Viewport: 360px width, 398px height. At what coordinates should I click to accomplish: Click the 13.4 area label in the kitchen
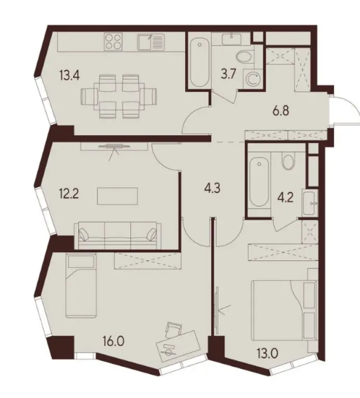point(70,75)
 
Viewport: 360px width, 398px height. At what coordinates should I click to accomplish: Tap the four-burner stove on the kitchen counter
point(113,42)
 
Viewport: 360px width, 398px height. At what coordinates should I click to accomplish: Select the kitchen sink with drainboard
point(151,42)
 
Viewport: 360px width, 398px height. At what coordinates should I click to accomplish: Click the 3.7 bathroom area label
point(229,75)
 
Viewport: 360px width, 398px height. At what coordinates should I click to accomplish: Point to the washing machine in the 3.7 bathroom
point(253,79)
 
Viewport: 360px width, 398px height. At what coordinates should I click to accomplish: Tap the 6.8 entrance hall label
point(281,111)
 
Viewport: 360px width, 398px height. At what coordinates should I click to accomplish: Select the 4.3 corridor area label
point(212,189)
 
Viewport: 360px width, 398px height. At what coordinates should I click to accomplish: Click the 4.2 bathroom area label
point(285,198)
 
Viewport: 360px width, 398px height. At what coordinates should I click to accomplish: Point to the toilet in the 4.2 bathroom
point(288,161)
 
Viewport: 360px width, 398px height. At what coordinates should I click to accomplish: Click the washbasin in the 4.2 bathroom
point(310,203)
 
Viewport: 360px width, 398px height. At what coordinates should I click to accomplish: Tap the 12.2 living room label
point(68,194)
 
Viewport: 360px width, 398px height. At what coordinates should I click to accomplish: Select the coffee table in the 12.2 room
point(117,196)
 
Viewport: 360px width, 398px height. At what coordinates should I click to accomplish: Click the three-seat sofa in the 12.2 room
point(117,235)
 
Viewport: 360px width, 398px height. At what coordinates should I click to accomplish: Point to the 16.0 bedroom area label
point(114,342)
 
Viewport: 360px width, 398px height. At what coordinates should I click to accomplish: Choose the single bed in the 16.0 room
point(81,286)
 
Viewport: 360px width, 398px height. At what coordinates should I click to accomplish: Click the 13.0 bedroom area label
point(267,353)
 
